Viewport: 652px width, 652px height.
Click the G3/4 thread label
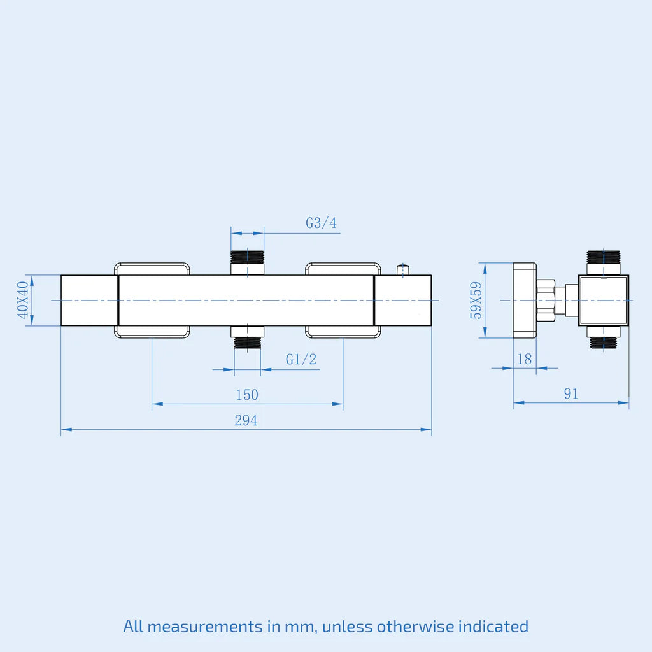point(321,223)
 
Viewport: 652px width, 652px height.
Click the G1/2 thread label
point(301,359)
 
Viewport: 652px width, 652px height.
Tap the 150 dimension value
point(247,395)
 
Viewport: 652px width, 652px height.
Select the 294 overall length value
point(246,420)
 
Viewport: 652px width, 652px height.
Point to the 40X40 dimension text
point(23,300)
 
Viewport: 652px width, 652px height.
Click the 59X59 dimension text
point(476,301)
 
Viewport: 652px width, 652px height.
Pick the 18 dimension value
point(525,359)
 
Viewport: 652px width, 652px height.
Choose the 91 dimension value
point(571,393)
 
